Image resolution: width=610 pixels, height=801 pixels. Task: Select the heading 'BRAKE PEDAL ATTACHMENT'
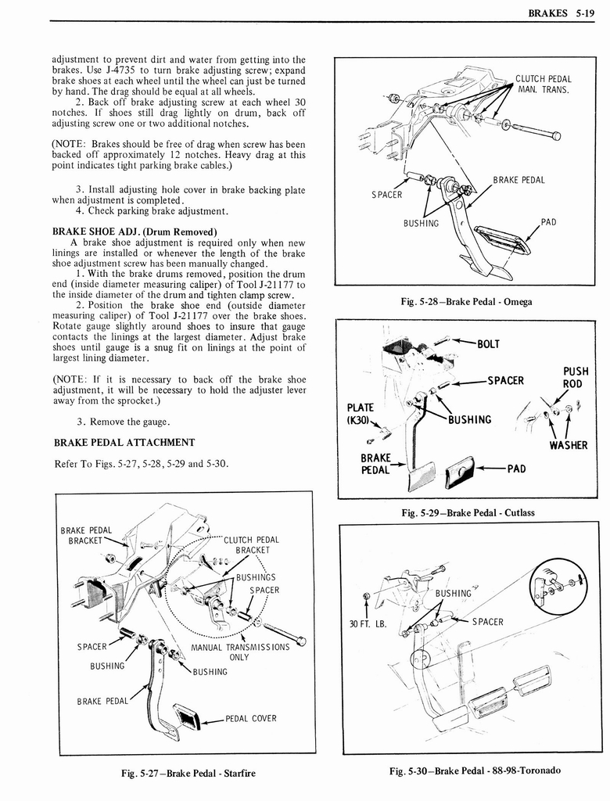pos(124,443)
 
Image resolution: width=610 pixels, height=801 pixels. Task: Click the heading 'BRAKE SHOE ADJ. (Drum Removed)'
pos(134,232)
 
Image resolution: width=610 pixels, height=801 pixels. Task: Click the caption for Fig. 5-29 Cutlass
pos(467,512)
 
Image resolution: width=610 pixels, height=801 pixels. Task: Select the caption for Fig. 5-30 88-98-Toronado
pos(475,770)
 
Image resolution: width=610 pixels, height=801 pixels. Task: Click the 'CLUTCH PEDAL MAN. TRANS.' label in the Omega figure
pos(543,84)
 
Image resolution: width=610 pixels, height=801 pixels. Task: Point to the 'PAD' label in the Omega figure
pos(548,222)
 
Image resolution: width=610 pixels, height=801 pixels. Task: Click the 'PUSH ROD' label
pos(576,378)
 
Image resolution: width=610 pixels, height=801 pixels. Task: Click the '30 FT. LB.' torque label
pos(368,623)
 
